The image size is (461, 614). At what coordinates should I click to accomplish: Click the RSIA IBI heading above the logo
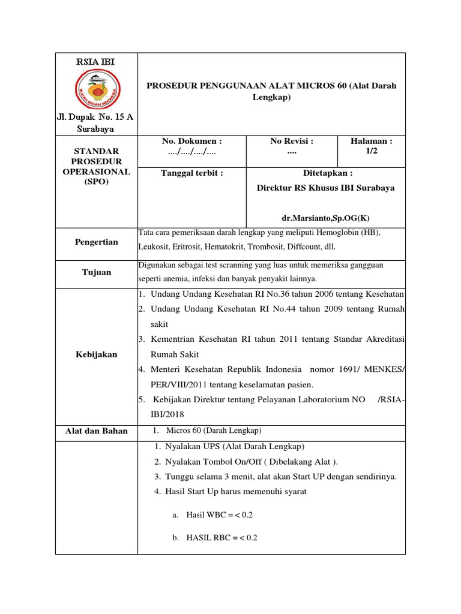(96, 62)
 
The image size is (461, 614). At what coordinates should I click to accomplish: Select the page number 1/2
(372, 152)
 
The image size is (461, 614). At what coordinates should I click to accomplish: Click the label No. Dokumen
(191, 141)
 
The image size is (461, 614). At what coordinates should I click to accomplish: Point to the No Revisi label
(292, 141)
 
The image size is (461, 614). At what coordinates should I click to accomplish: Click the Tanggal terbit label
(191, 173)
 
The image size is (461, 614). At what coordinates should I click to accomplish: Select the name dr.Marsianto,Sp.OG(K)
(326, 219)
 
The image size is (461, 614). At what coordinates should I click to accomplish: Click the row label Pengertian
(96, 242)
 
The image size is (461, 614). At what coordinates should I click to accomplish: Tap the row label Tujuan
(96, 272)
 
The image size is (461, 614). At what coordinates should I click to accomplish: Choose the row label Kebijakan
(96, 354)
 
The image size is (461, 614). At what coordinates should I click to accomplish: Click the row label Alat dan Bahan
(96, 431)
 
